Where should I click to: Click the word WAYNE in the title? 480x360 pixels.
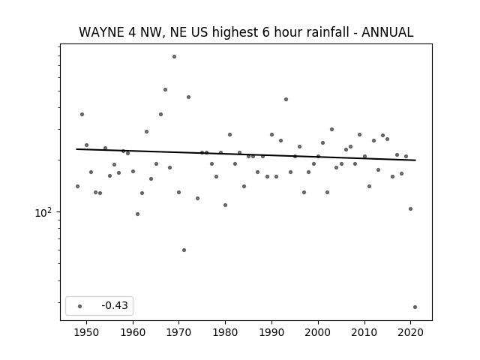pos(101,32)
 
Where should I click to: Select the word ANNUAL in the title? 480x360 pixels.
pos(388,32)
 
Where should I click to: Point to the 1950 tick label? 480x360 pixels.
pos(87,332)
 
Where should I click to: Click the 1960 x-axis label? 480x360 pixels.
pos(133,332)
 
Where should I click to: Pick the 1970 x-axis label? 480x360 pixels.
pos(179,332)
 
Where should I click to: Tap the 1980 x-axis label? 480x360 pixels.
pos(225,332)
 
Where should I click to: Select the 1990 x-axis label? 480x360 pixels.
pos(271,332)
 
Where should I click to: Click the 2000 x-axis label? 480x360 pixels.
pos(318,332)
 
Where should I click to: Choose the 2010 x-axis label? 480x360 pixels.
pos(364,332)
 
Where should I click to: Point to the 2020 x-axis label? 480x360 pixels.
pos(410,332)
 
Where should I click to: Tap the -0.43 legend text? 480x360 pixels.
pos(115,305)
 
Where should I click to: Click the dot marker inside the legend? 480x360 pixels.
pos(80,306)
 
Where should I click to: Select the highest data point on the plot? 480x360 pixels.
pos(174,57)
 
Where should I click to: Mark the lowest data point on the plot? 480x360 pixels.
pos(415,307)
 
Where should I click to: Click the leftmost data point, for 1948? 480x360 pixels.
pos(77,187)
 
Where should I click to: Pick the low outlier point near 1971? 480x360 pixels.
pos(184,250)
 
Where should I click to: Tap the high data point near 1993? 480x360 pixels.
pos(286,100)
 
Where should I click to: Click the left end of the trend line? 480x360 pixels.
pos(76,149)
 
